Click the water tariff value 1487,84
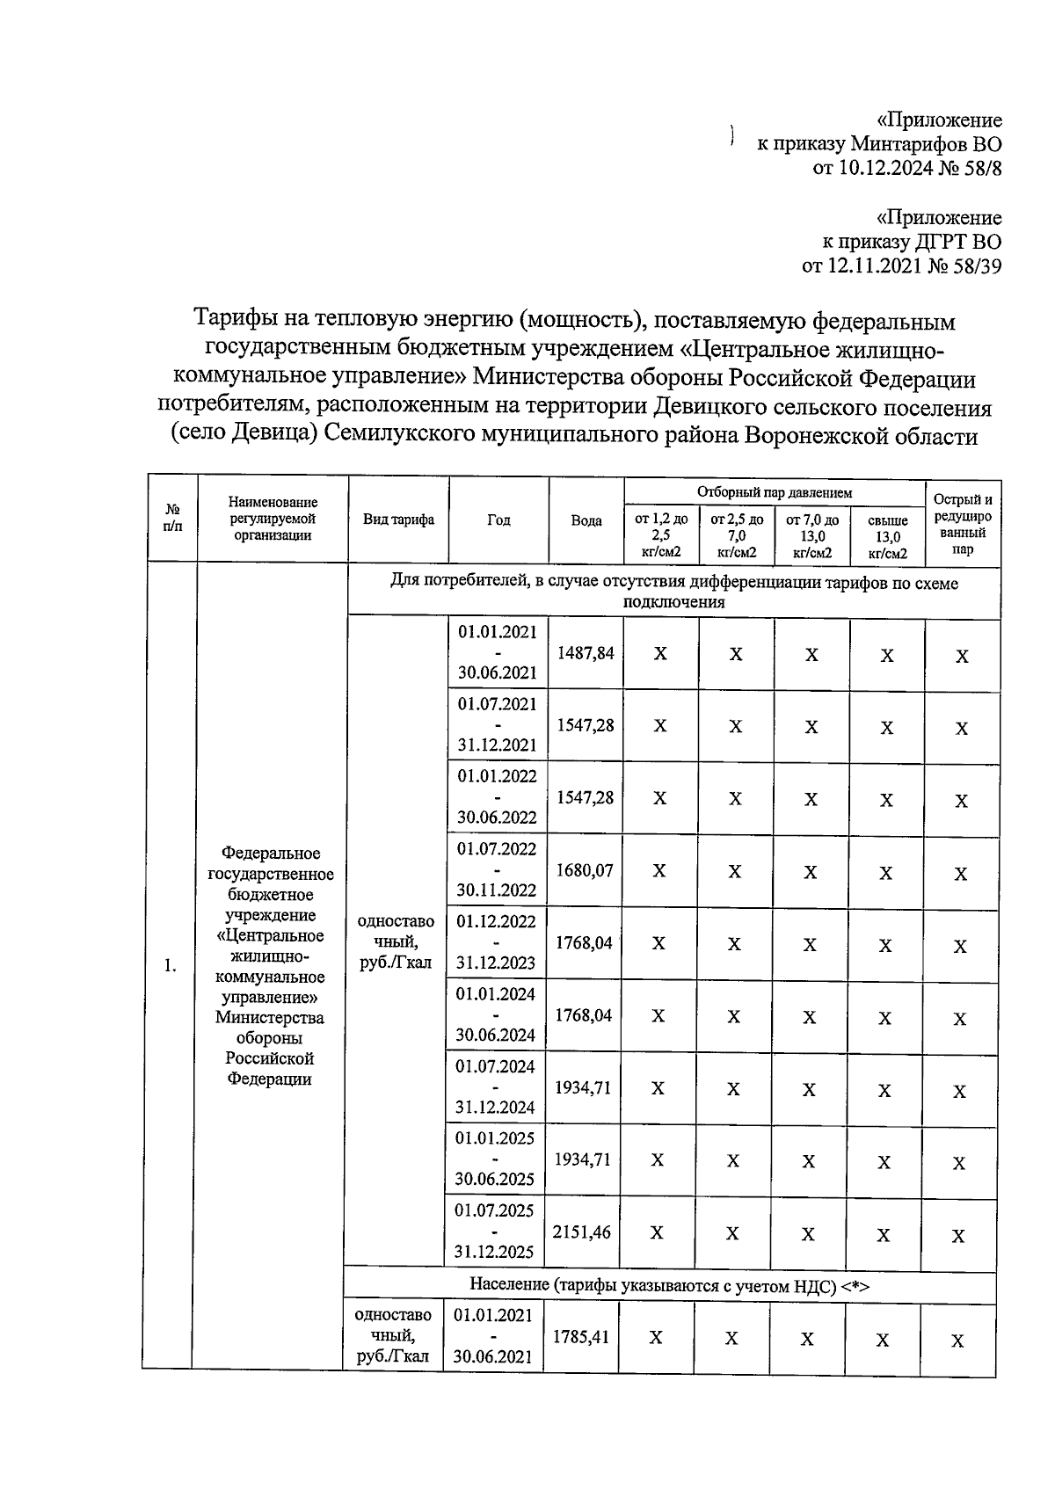pos(586,653)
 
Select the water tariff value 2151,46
pos(581,1232)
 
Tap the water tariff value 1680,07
pos(585,870)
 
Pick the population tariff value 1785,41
pos(580,1336)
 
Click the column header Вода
pos(586,520)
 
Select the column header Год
pos(498,520)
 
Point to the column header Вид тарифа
pos(398,520)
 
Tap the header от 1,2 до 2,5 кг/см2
pos(661,535)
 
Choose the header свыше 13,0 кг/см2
pos(887,537)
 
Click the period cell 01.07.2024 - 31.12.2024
pos(495,1086)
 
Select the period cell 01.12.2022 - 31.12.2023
pos(496,941)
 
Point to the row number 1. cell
pos(171,966)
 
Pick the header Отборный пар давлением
pos(774,492)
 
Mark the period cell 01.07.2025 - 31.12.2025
pos(494,1231)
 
